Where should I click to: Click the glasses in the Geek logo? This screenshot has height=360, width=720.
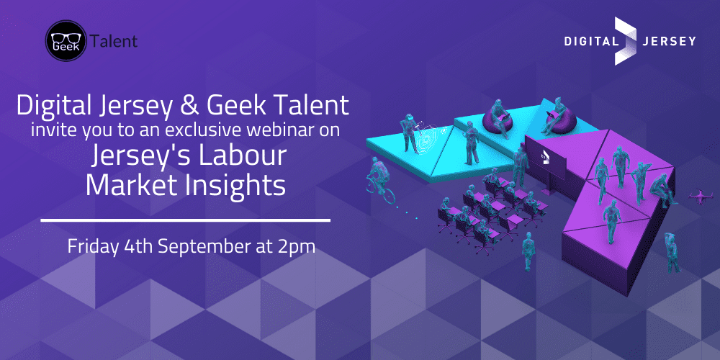tap(66, 37)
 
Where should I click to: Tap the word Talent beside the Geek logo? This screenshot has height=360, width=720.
tap(114, 41)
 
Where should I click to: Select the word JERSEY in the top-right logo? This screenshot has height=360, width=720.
tap(670, 41)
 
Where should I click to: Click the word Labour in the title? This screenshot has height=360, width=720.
tap(243, 156)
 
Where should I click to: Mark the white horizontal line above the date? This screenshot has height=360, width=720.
tap(186, 220)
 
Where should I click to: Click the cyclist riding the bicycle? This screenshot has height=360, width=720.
tap(380, 180)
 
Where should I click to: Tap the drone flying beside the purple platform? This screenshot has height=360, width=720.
tap(701, 196)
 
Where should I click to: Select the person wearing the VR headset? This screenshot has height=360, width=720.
tap(409, 132)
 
